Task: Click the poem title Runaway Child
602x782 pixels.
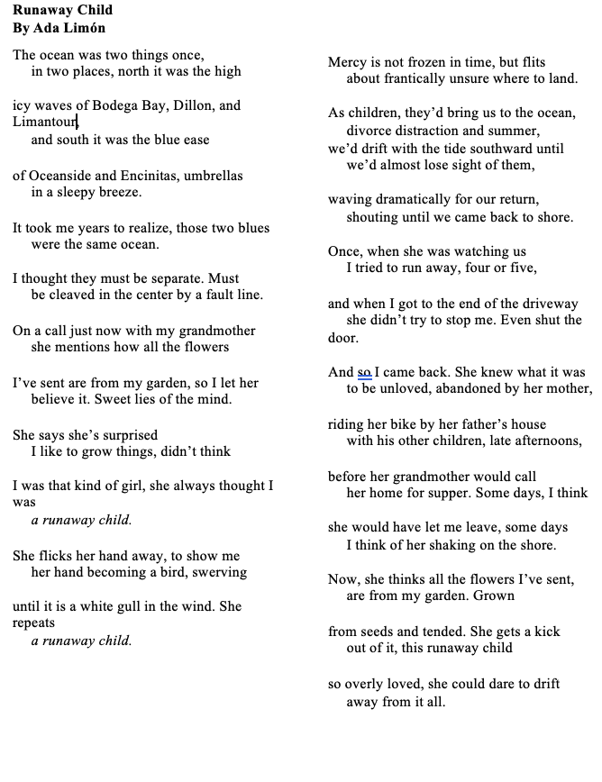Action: (x=62, y=11)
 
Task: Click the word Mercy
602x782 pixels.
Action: (x=348, y=62)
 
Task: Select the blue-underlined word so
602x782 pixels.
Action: (x=365, y=372)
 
